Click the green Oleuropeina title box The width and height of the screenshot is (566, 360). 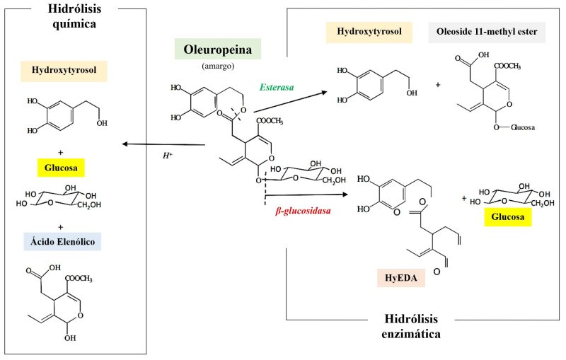[x=218, y=49]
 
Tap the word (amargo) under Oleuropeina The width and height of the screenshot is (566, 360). [x=218, y=67]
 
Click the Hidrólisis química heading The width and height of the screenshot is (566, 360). [x=76, y=16]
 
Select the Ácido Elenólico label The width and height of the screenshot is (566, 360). [x=64, y=242]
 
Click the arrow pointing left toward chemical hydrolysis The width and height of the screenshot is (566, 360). [x=163, y=144]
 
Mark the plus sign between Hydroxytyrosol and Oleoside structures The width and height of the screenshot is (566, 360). [x=438, y=84]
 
